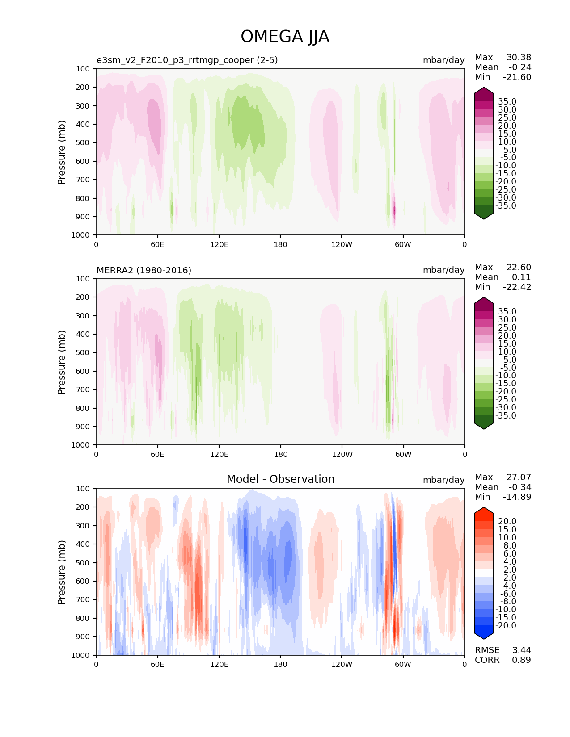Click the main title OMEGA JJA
tap(285, 37)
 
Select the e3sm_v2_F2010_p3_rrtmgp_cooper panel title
tap(187, 60)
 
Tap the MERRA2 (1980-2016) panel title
tap(144, 270)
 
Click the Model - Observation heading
tap(280, 479)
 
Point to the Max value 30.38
tap(519, 58)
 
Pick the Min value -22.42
tap(517, 287)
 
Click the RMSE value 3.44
tap(521, 650)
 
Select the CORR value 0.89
tap(521, 660)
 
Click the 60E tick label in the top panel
tap(157, 245)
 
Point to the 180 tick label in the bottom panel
tap(280, 665)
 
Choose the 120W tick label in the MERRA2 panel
tap(342, 455)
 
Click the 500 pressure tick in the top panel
tap(83, 143)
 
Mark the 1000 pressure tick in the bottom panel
tap(81, 655)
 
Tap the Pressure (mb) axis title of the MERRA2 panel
tap(62, 362)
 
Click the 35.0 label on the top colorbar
tap(507, 102)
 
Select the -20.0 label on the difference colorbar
tap(506, 626)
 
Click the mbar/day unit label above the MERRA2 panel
tap(443, 270)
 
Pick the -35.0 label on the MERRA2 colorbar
tap(506, 416)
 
